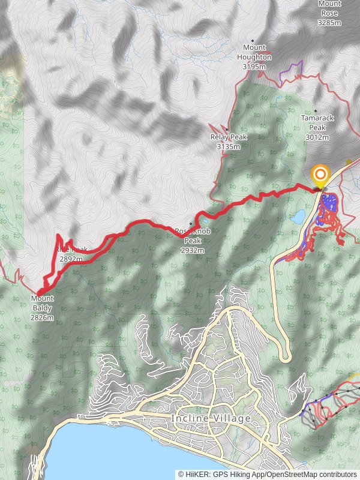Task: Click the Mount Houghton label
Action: pos(257,52)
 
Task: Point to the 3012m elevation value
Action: pos(317,137)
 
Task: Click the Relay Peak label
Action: pos(229,137)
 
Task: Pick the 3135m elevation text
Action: pos(229,146)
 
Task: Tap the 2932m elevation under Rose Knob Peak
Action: pos(193,250)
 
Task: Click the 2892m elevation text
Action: pos(71,259)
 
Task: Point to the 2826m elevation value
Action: pos(42,317)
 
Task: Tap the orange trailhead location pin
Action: pos(320,175)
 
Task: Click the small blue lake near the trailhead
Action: pos(298,215)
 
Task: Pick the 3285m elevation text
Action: pos(329,23)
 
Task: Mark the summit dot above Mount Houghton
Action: pos(253,41)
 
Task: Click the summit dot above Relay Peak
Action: pos(227,128)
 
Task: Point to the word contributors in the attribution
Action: pos(337,474)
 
